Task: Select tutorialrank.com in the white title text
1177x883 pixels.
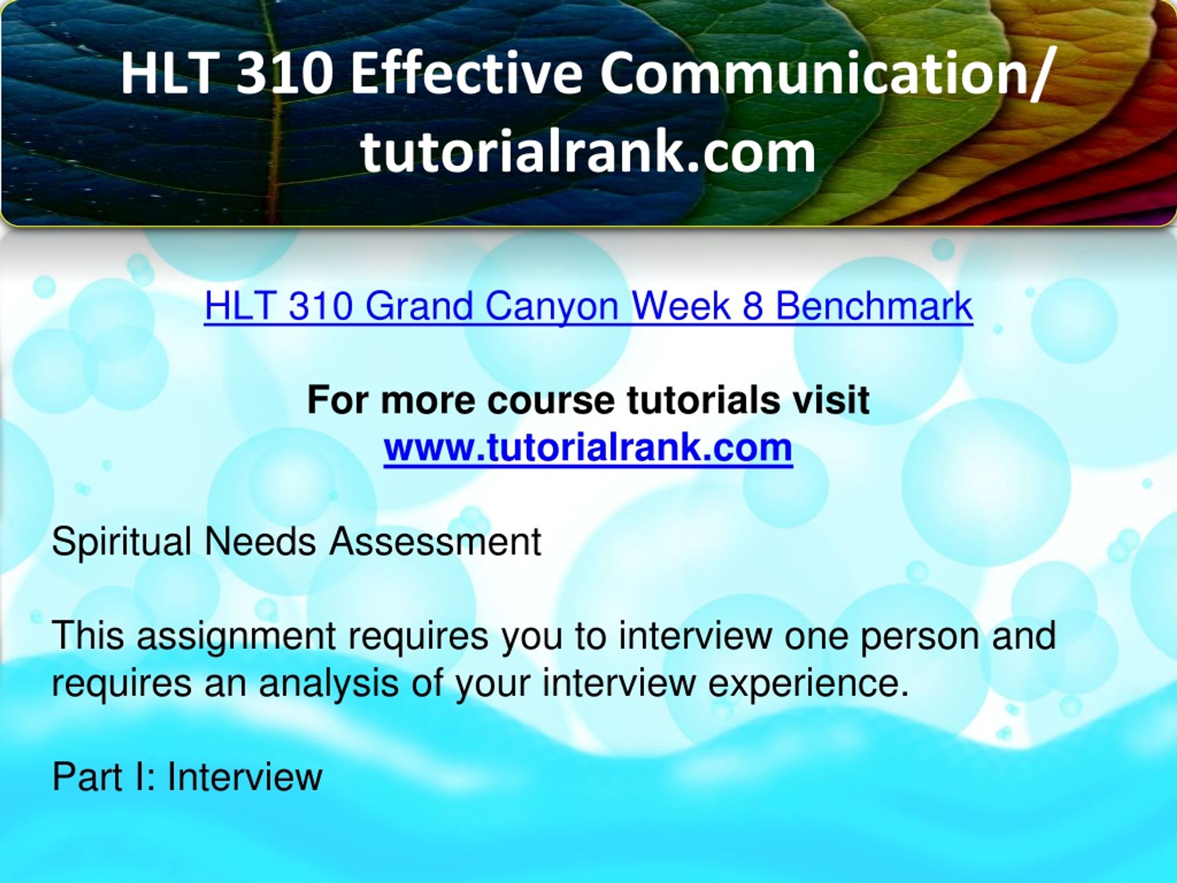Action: (588, 151)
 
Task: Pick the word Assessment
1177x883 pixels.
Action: (435, 542)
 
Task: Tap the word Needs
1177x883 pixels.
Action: (260, 542)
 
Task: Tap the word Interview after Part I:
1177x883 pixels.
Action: (245, 777)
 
